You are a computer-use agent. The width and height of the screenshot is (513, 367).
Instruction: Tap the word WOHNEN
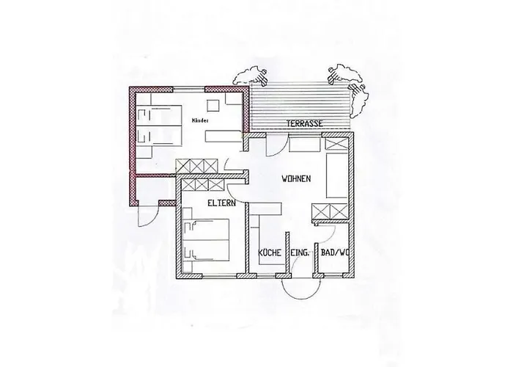pos(298,178)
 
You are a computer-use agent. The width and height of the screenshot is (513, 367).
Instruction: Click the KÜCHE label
pos(270,253)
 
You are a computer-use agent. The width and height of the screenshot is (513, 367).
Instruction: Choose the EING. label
pos(300,253)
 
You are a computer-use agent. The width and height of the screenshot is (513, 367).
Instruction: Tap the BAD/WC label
pos(333,253)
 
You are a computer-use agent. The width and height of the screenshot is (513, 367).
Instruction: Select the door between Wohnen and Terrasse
pos(271,145)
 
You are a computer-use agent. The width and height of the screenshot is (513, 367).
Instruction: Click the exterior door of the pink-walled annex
pos(141,214)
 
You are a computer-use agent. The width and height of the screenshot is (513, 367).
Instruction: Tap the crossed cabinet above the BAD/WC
pos(330,213)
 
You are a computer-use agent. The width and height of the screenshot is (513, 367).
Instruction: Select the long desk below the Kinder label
pos(224,136)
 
